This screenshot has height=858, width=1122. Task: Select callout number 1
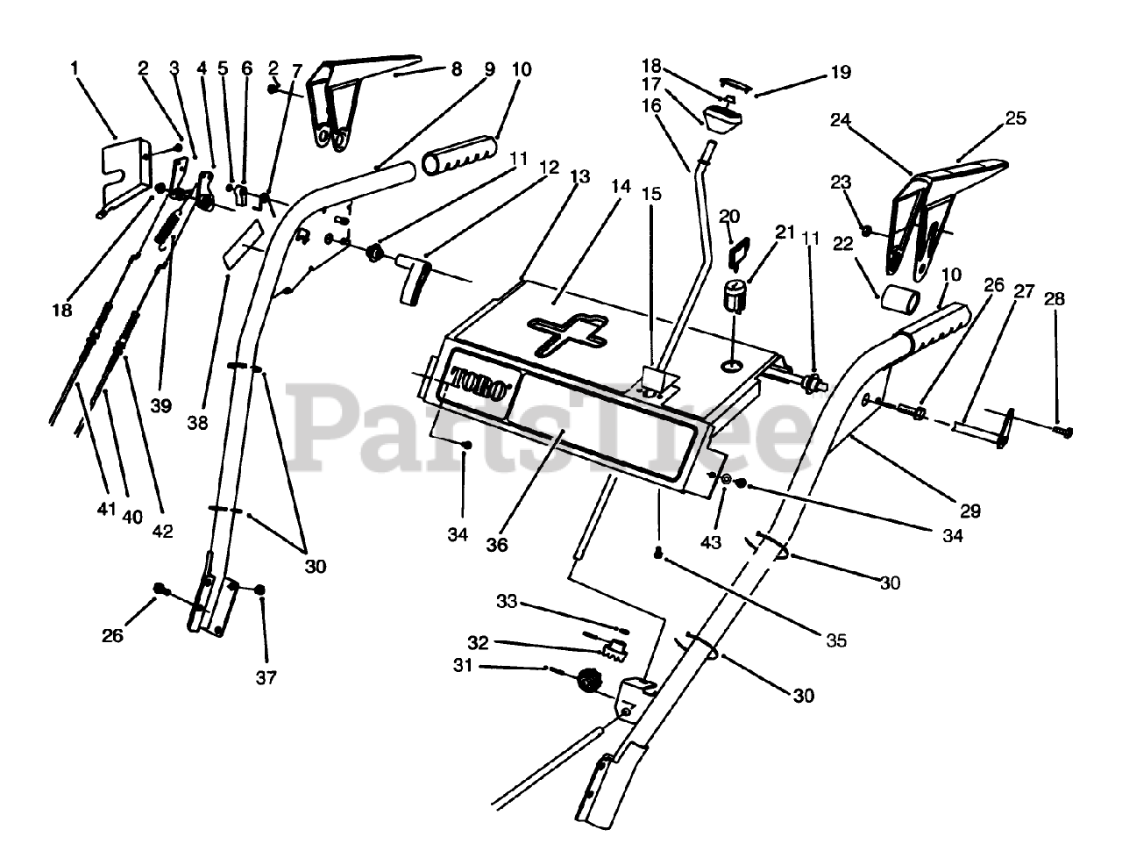[75, 67]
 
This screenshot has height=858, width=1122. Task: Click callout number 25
[1015, 118]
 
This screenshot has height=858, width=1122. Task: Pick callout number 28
[1055, 299]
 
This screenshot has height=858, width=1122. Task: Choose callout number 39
[161, 405]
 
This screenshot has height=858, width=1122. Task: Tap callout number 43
[711, 543]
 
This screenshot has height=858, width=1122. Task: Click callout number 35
[836, 640]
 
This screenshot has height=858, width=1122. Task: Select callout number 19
[840, 72]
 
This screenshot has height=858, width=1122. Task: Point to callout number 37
[266, 677]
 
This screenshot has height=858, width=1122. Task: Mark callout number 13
[579, 176]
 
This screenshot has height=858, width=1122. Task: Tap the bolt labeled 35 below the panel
[657, 552]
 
